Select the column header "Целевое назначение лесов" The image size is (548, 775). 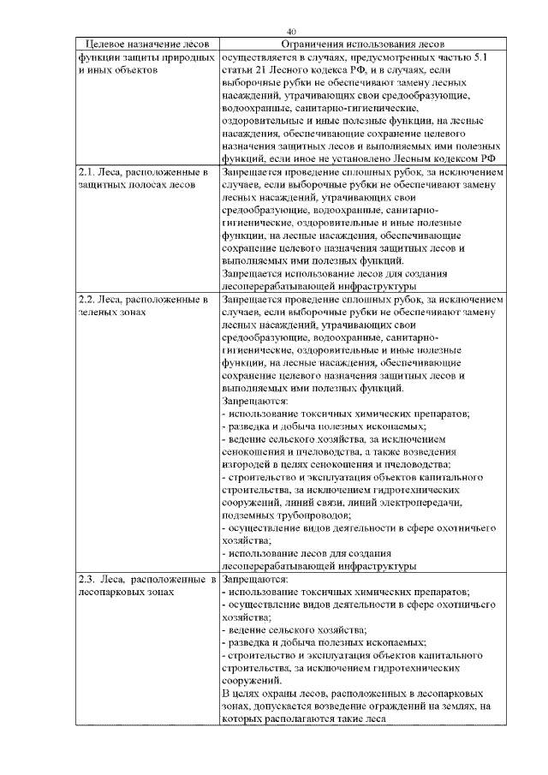[142, 44]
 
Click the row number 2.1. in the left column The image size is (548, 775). [88, 172]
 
